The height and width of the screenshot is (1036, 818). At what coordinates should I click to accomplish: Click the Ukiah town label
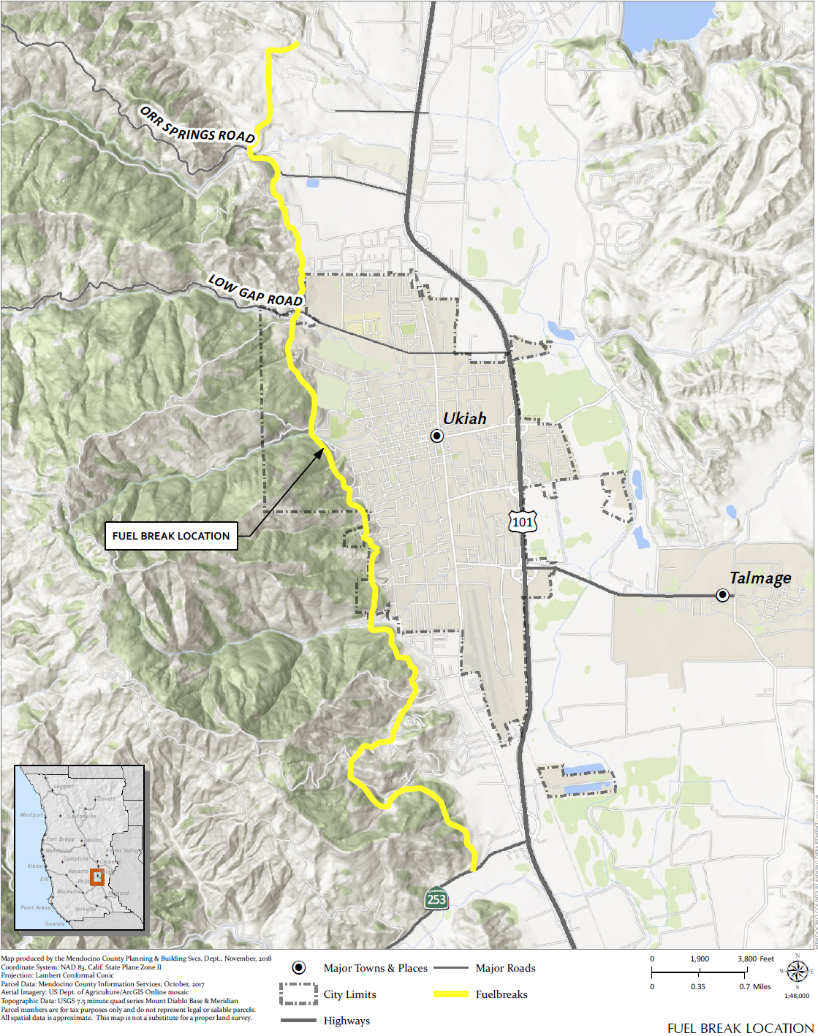pos(464,418)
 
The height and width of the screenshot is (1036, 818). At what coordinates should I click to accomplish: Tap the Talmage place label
pos(760,578)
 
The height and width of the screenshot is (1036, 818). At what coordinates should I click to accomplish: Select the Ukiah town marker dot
pos(436,436)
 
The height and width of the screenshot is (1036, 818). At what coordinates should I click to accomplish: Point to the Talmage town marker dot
pos(722,595)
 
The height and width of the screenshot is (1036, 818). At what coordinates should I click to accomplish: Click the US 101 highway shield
pos(523,521)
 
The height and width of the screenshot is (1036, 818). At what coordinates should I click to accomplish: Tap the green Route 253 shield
pos(436,899)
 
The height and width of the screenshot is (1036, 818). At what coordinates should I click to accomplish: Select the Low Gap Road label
pos(255,291)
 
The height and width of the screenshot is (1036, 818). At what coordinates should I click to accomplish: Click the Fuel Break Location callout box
pos(171,536)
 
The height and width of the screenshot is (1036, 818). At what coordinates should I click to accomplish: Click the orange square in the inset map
pos(97,876)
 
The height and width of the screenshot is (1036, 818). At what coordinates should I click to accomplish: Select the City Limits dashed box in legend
pos(298,994)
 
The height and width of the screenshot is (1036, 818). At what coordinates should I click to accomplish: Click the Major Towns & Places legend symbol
pos(298,968)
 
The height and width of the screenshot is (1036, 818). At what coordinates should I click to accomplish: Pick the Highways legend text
pos(346,1021)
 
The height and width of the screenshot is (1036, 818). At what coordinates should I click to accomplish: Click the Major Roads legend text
pos(505,968)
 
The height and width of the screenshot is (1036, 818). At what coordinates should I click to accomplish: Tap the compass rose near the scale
pos(797,972)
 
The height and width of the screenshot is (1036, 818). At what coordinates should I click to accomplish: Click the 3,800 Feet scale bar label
pos(755,959)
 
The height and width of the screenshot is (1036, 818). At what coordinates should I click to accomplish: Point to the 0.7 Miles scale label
pos(754,986)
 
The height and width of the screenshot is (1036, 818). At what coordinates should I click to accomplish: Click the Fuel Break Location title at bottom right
pos(740,1028)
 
